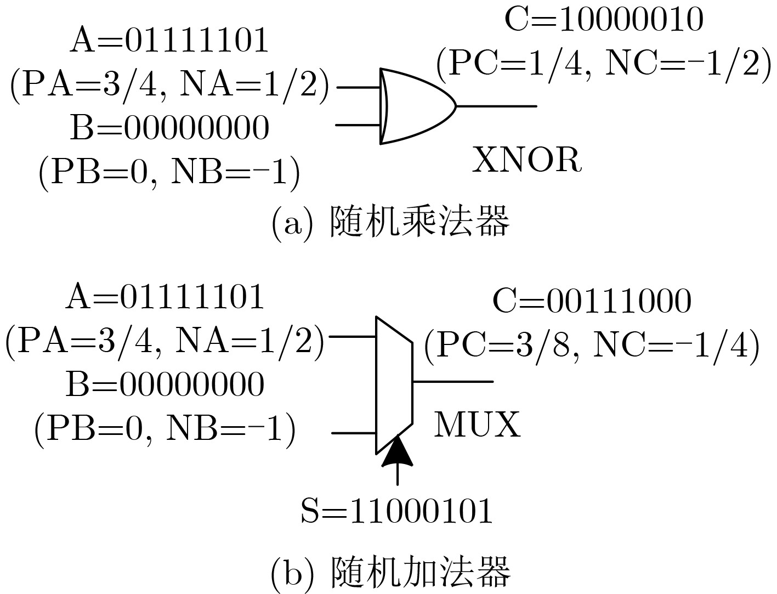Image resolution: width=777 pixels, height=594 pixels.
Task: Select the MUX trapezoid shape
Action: click(394, 384)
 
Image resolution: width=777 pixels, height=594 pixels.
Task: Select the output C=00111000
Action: click(592, 301)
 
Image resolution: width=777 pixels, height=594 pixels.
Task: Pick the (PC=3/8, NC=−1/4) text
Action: click(592, 345)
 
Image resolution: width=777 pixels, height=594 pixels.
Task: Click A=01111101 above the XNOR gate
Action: click(169, 41)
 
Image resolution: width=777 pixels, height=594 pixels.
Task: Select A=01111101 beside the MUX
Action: click(165, 297)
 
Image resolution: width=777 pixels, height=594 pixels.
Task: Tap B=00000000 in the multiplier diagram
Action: click(169, 128)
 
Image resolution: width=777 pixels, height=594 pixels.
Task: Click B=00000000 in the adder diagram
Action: click(165, 384)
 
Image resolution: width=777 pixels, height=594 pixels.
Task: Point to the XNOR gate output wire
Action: click(496, 106)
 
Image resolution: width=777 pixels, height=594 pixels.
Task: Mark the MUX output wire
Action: click(452, 381)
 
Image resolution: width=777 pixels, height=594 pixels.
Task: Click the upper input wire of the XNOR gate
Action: click(359, 87)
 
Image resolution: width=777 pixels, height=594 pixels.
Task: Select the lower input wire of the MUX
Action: click(354, 433)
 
